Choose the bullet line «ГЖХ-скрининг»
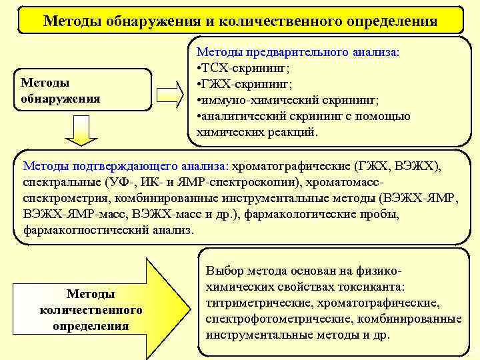(x=245, y=84)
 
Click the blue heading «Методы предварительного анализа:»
(x=297, y=52)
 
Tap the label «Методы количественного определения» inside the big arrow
(x=91, y=310)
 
